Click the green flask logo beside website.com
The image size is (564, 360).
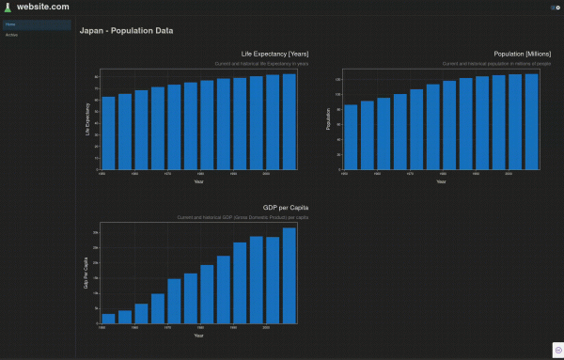point(8,7)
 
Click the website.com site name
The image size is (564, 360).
point(43,7)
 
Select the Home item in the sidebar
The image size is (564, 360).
point(10,24)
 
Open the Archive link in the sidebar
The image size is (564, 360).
point(12,35)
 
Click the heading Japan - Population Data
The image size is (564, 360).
point(126,30)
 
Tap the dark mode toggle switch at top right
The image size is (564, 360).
point(555,7)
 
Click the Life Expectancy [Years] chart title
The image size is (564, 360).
point(274,54)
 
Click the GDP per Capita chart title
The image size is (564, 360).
point(286,207)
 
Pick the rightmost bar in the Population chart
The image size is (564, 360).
point(531,121)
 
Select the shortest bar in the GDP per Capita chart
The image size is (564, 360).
point(108,319)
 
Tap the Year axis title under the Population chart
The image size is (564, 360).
point(441,181)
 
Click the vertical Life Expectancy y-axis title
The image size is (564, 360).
point(87,119)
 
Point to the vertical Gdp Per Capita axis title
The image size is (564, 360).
point(87,273)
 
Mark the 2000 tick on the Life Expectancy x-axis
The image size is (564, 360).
point(267,174)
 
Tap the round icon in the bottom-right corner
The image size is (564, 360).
point(555,350)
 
